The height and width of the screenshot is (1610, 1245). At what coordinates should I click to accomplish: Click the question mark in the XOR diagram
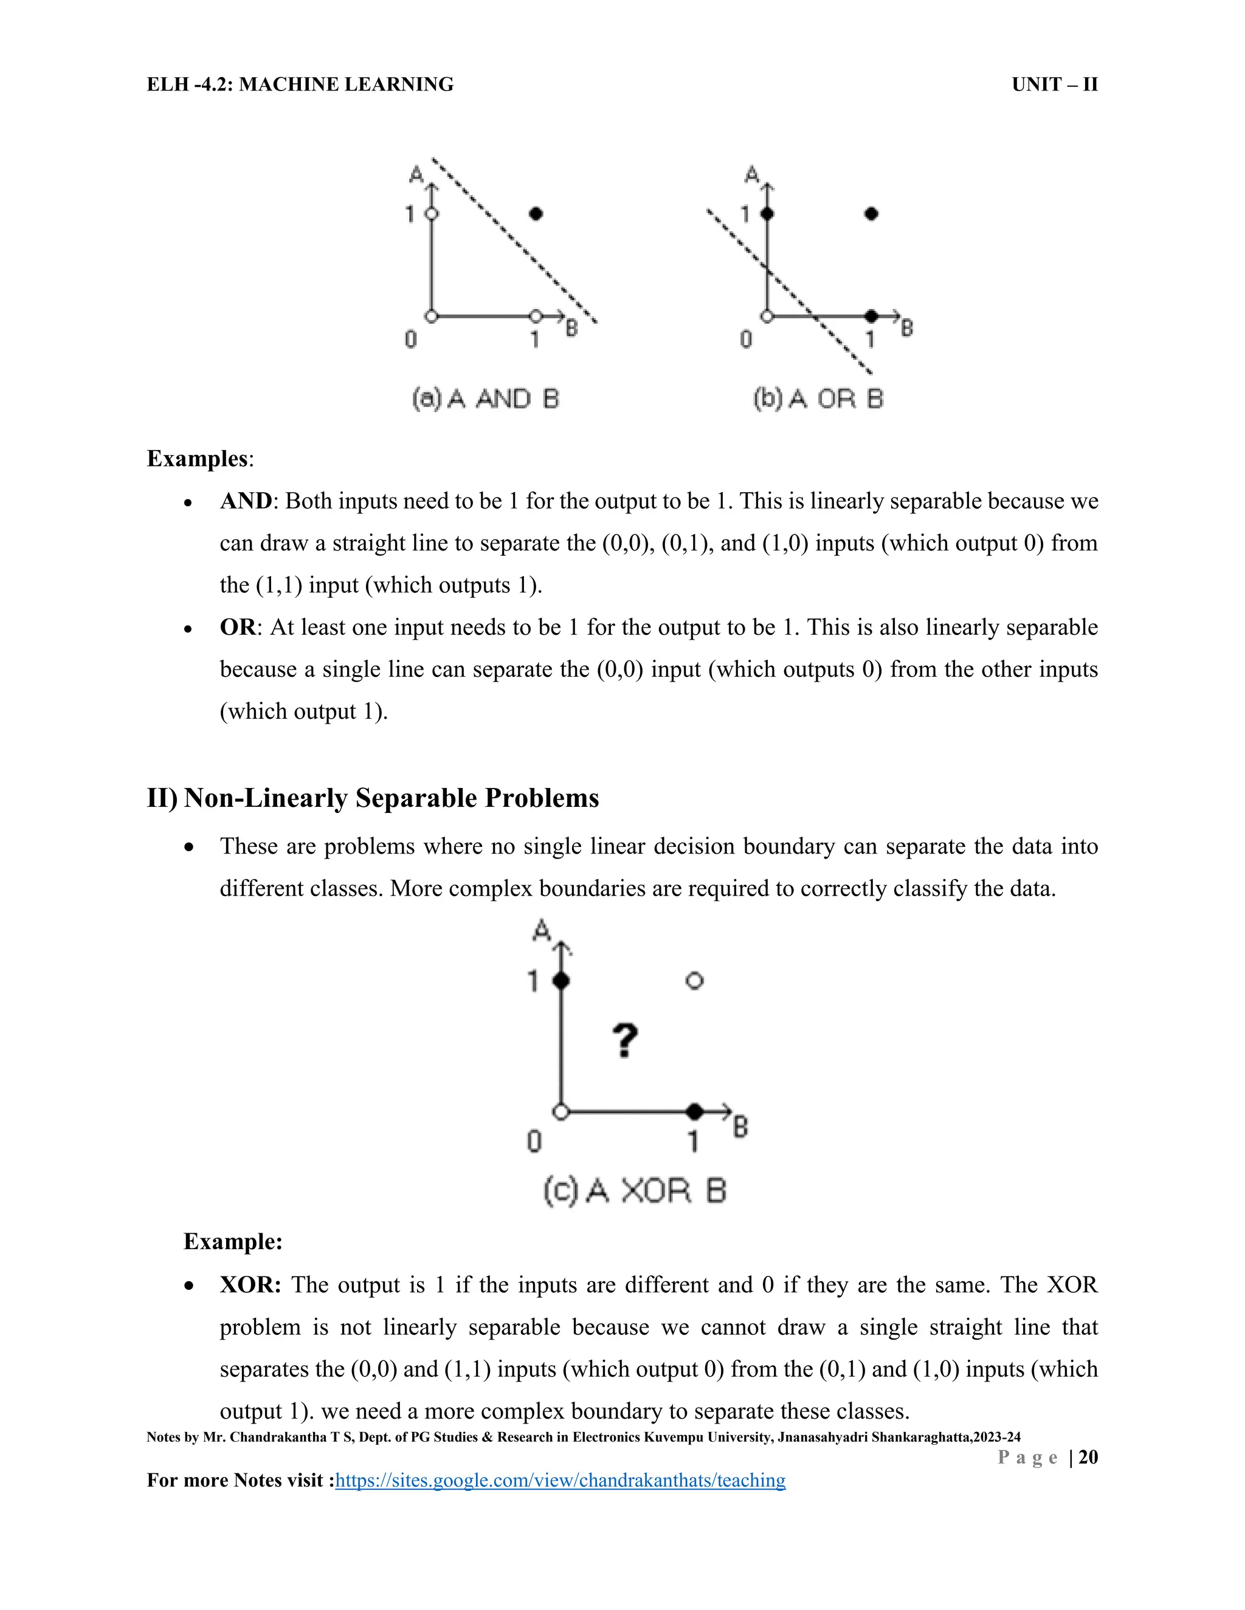click(625, 1041)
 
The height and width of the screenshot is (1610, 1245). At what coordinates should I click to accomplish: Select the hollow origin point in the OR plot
click(767, 317)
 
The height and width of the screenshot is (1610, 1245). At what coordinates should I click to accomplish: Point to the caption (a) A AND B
click(485, 399)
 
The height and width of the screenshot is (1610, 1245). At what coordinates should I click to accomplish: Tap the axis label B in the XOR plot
click(740, 1126)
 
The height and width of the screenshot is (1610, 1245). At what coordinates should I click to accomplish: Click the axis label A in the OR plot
click(751, 175)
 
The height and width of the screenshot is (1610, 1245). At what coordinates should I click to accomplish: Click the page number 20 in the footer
click(1088, 1457)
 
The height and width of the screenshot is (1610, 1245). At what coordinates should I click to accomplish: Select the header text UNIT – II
click(1054, 85)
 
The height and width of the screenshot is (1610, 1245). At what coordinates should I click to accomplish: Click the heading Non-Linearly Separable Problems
click(391, 798)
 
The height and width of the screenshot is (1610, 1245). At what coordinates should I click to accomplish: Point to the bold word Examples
click(198, 459)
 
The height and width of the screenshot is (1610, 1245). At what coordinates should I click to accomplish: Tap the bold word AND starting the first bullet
click(246, 501)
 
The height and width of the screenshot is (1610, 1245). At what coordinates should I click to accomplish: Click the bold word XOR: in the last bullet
click(250, 1285)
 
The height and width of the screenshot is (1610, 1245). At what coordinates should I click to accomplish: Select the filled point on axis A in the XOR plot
click(561, 981)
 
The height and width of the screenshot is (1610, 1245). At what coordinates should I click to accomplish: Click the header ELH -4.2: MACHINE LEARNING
click(300, 85)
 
